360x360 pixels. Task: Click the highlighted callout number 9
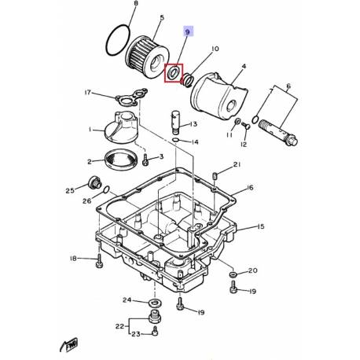[x=188, y=32]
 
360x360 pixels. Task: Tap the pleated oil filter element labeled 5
[x=147, y=59]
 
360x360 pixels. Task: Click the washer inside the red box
[x=173, y=72]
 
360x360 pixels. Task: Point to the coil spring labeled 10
[x=188, y=79]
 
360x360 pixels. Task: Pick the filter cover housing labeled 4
[x=219, y=96]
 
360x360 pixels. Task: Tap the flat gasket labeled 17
[x=131, y=97]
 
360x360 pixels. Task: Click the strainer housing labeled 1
[x=120, y=127]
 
